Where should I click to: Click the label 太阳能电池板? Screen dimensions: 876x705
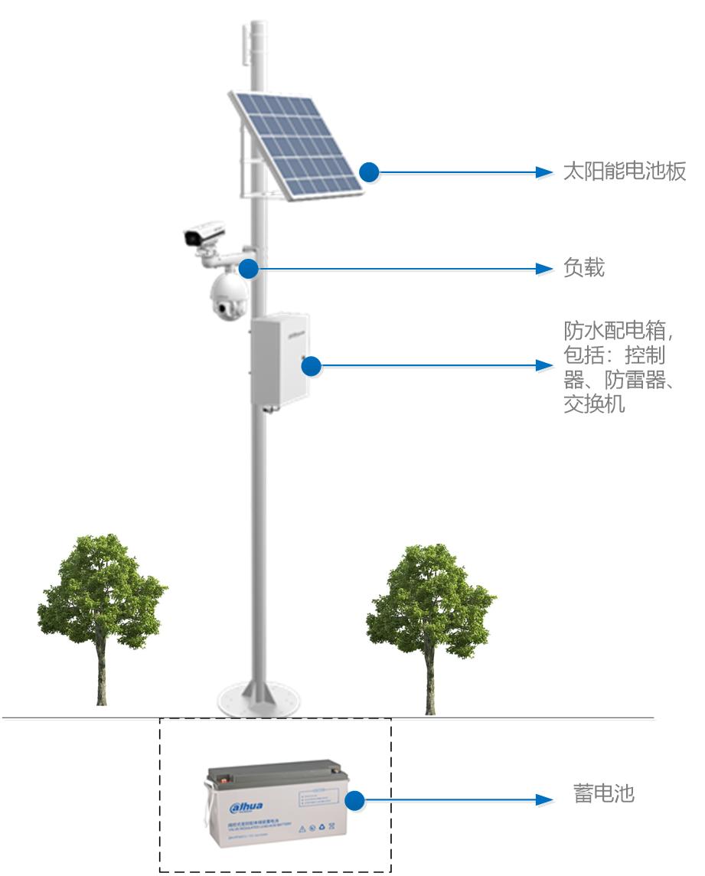624,172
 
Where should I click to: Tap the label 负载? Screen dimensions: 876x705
584,268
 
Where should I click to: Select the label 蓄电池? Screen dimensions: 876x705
604,793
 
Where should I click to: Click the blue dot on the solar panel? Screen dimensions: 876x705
370,172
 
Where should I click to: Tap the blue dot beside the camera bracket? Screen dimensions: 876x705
247,268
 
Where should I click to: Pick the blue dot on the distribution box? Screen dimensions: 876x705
311,366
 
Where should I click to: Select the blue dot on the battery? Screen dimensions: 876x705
354,801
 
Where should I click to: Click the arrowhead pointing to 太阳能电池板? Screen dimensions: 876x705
544,172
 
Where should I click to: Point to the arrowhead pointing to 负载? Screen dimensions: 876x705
544,268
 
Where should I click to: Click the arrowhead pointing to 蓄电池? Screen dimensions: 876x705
544,800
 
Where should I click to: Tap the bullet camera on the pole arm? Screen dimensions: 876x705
204,233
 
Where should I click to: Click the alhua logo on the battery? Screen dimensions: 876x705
246,806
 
